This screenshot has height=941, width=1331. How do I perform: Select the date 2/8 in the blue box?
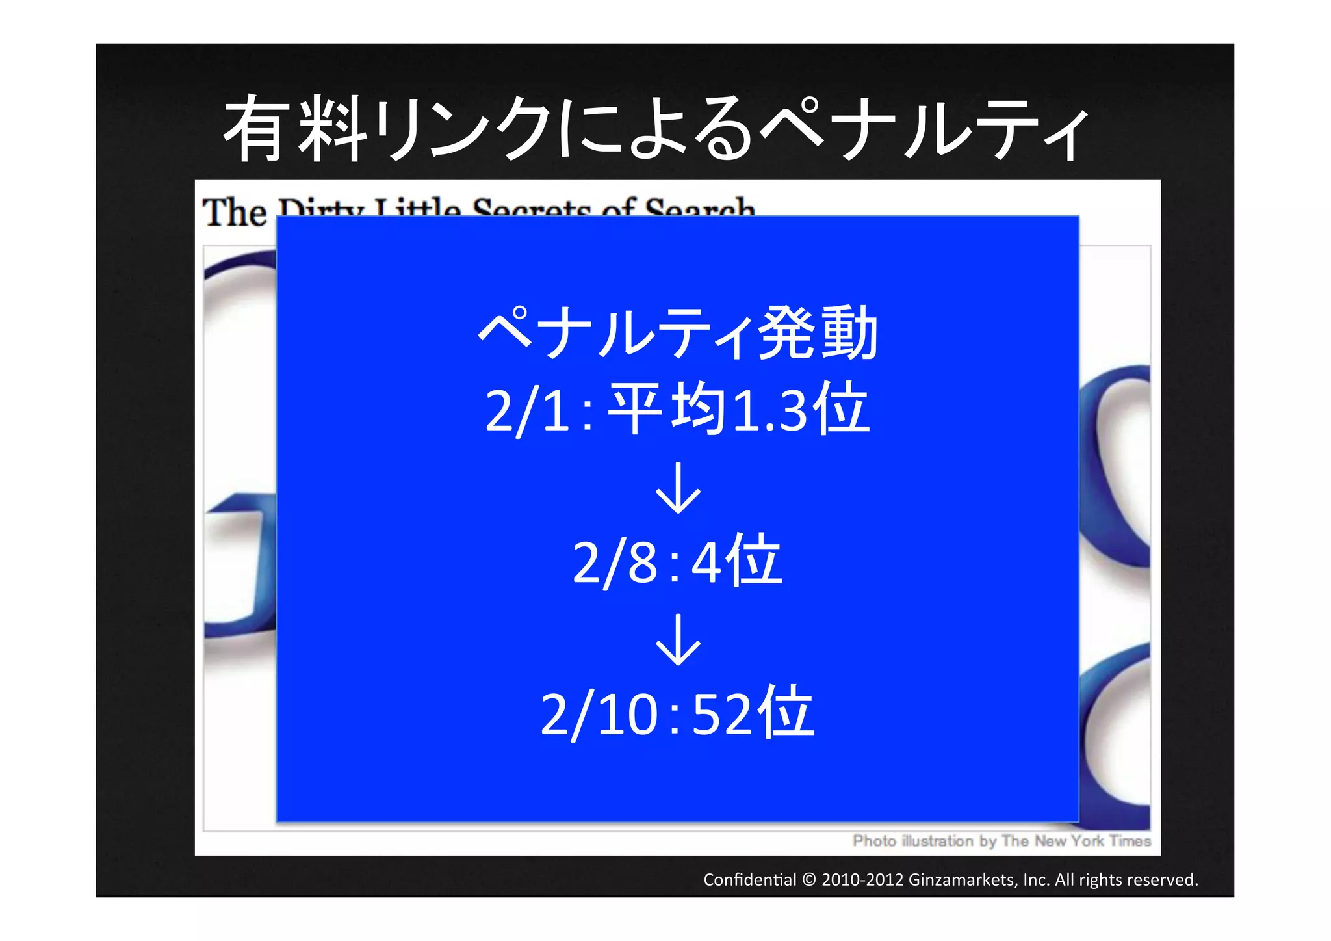(615, 563)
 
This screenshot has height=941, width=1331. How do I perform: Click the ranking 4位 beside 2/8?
(736, 561)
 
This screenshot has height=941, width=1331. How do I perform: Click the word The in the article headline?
(235, 212)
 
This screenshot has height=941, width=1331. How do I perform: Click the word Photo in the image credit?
(874, 841)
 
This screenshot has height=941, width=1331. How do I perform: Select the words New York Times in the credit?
(1092, 841)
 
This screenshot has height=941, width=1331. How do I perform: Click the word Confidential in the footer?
(749, 880)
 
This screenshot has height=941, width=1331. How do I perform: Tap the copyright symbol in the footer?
(808, 880)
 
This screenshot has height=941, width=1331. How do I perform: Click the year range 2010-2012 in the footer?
(862, 880)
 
